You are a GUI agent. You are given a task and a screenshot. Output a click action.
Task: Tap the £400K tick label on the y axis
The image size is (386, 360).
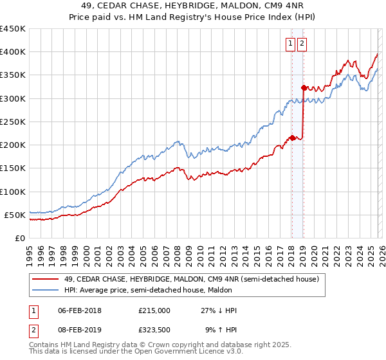[12, 52]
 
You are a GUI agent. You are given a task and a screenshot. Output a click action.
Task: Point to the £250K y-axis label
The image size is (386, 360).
[12, 122]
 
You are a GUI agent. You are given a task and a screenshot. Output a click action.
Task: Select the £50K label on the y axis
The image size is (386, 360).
[15, 215]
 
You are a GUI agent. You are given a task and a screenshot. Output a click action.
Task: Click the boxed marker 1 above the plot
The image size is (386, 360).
[290, 44]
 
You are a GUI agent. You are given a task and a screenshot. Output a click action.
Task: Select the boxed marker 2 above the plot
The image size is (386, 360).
[302, 44]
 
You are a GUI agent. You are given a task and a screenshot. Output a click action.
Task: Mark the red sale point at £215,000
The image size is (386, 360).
[291, 138]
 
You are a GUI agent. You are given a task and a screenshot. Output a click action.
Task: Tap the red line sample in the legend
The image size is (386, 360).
[45, 279]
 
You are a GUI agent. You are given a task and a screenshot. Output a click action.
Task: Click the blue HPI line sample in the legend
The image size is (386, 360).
[45, 290]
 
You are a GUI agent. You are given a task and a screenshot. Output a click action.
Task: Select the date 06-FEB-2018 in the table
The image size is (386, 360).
[79, 310]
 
